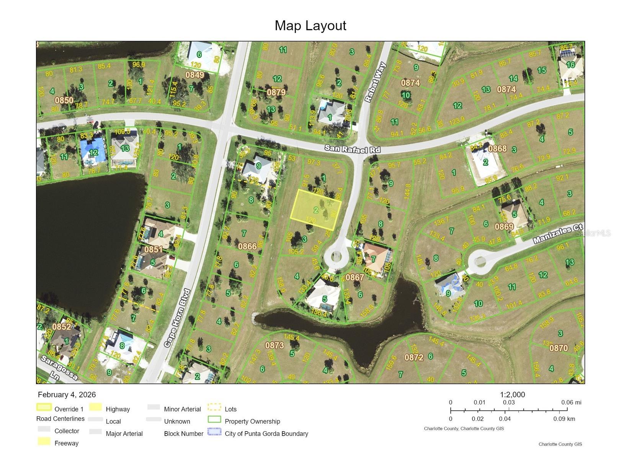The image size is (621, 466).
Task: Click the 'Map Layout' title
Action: tap(310, 26)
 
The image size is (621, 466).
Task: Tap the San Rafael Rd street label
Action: tap(352, 149)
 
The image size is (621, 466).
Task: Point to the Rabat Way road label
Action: tap(375, 83)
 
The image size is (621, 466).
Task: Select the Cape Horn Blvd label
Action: tap(177, 318)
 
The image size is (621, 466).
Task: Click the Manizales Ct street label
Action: tap(558, 234)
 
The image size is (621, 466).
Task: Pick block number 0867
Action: tap(355, 277)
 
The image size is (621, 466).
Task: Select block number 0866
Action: tap(247, 246)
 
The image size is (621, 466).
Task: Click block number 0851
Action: tap(153, 250)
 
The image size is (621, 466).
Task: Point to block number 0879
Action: tap(276, 92)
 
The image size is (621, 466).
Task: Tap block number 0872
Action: tap(414, 357)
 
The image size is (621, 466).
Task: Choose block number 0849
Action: tap(194, 75)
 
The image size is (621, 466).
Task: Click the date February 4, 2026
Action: tap(67, 395)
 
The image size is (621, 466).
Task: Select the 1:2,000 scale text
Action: tap(512, 395)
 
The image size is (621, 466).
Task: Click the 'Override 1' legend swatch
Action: tap(44, 407)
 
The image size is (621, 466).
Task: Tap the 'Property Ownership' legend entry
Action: tap(252, 421)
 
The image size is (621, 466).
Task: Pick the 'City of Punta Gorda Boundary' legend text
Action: tap(266, 433)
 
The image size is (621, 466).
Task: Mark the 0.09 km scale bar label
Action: tap(564, 419)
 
